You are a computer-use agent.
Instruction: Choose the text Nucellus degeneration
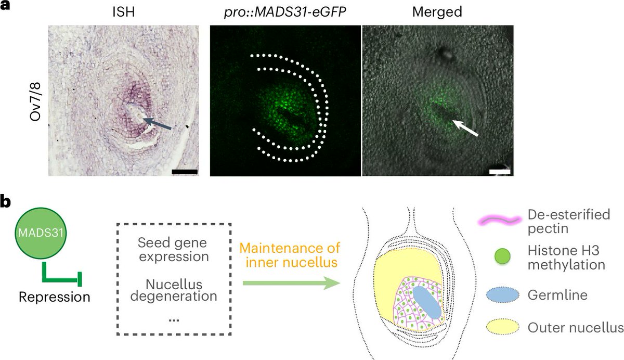174,291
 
